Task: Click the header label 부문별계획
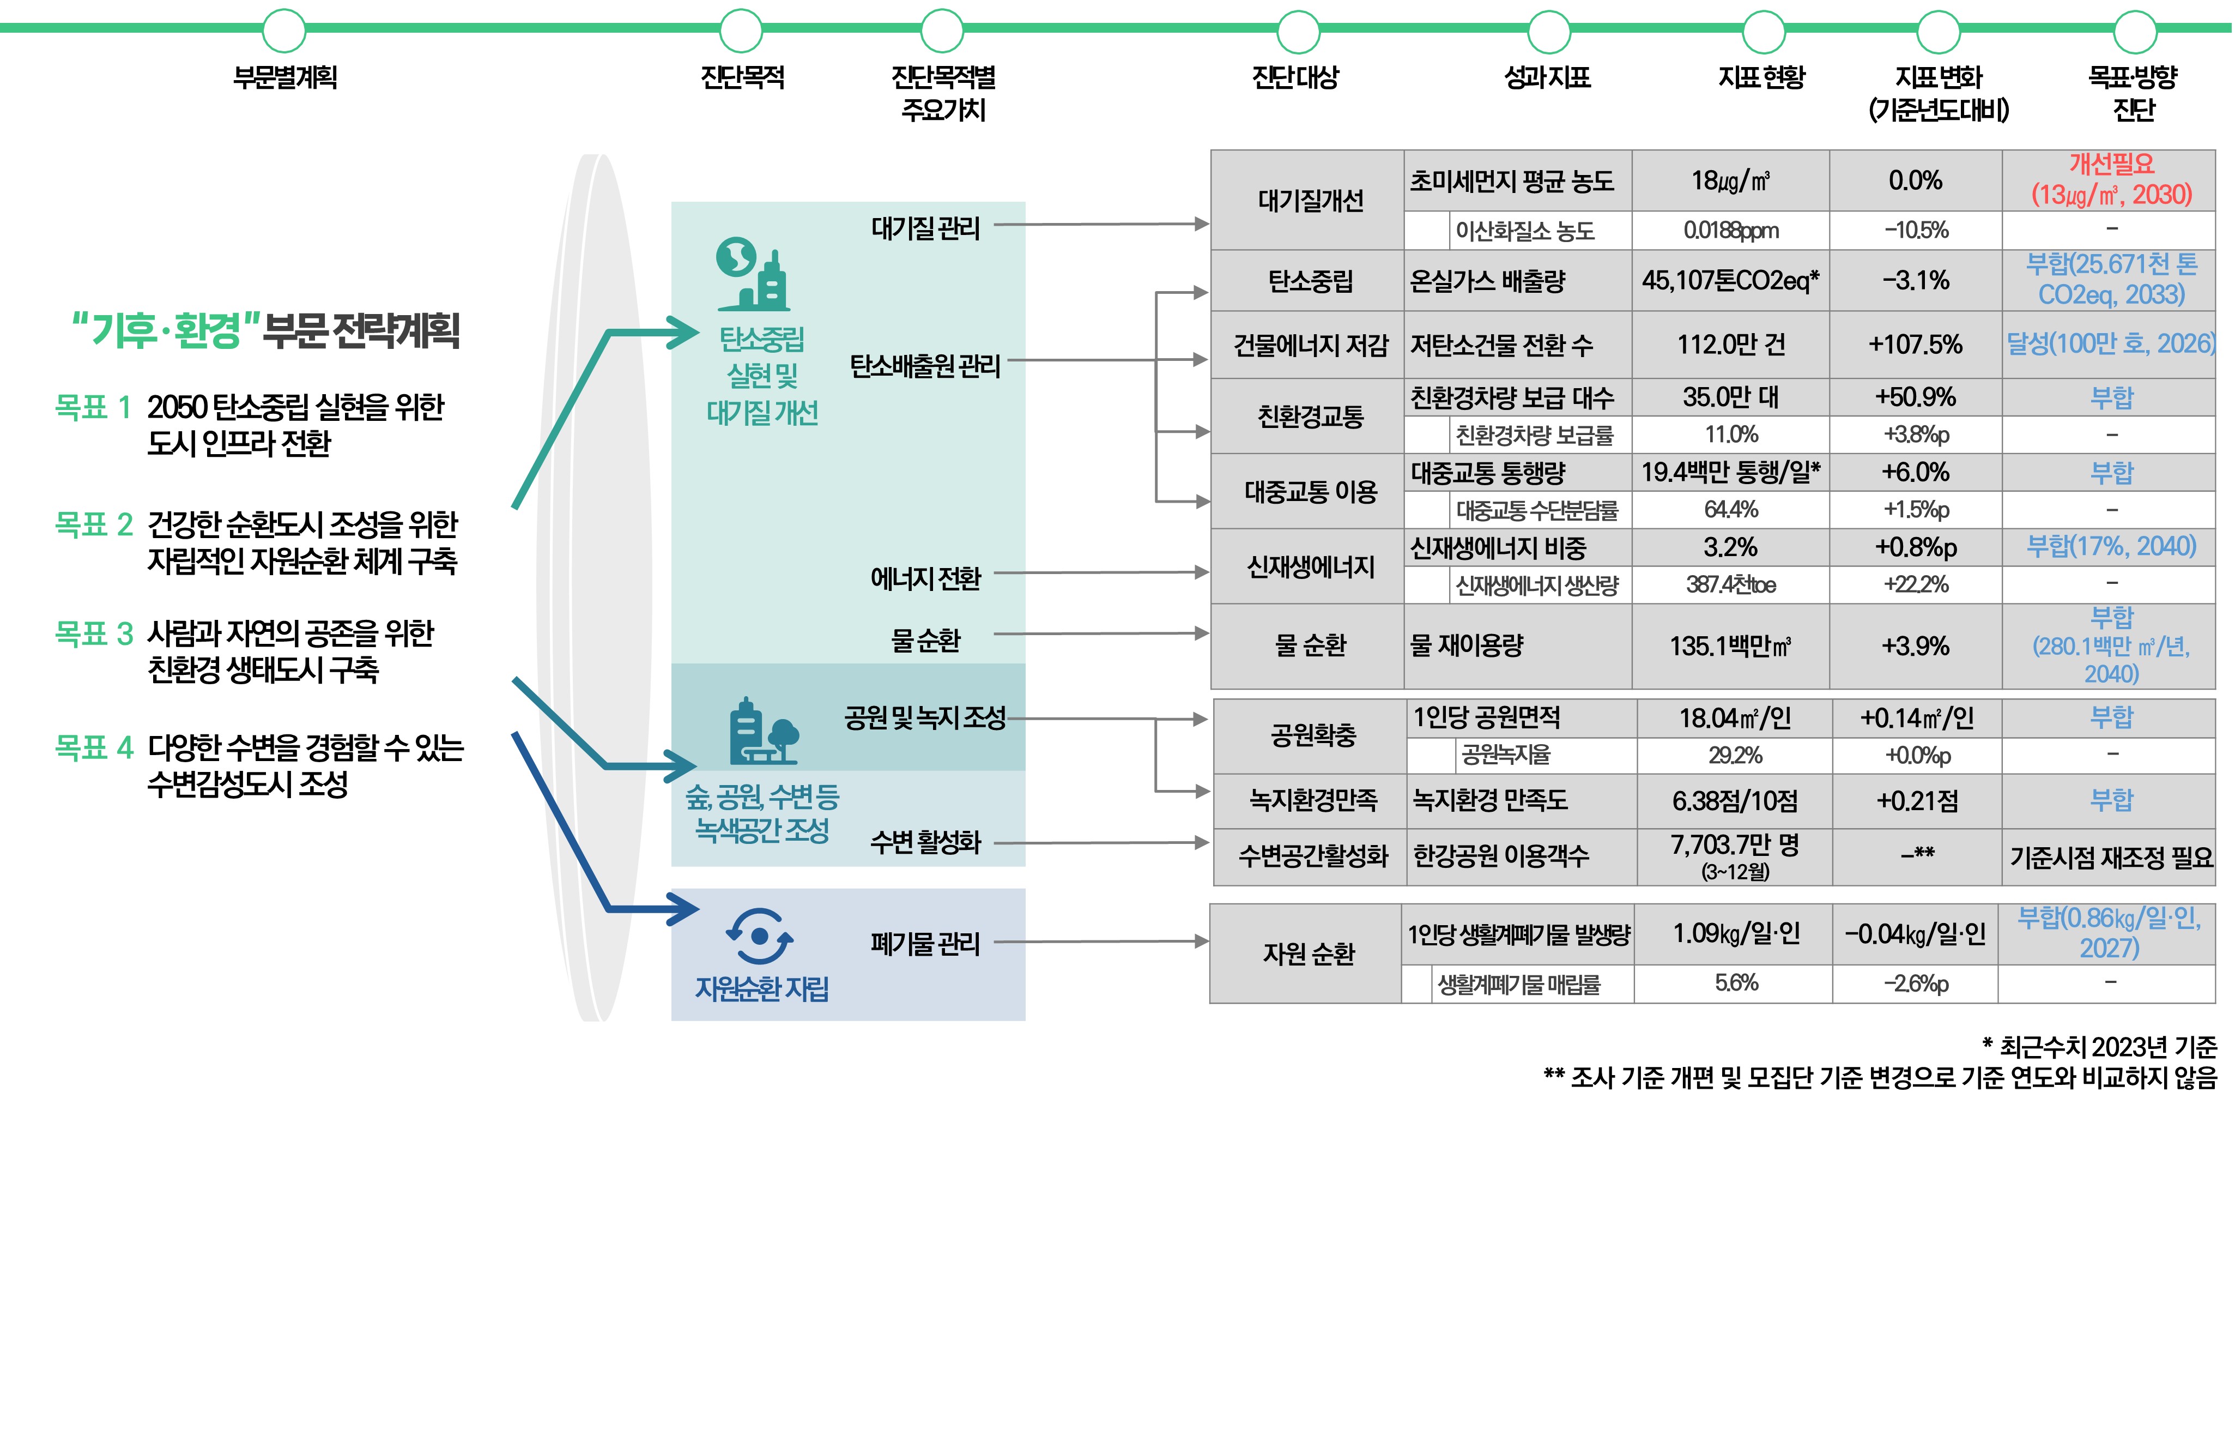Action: point(284,77)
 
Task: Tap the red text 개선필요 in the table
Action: point(2111,164)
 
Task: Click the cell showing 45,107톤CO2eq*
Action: point(1730,280)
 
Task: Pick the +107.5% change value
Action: point(1915,345)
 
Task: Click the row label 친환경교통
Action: point(1310,416)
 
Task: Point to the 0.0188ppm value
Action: point(1730,231)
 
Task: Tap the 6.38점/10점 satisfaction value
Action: point(1734,800)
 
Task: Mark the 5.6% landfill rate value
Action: point(1736,983)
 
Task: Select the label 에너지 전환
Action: point(925,578)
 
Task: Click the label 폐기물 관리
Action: point(925,943)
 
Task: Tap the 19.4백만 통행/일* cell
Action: point(1730,473)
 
